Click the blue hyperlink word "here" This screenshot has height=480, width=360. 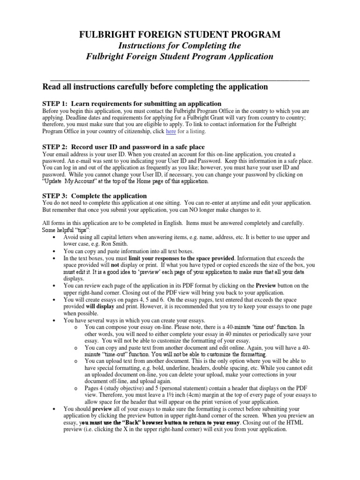[x=172, y=132]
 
